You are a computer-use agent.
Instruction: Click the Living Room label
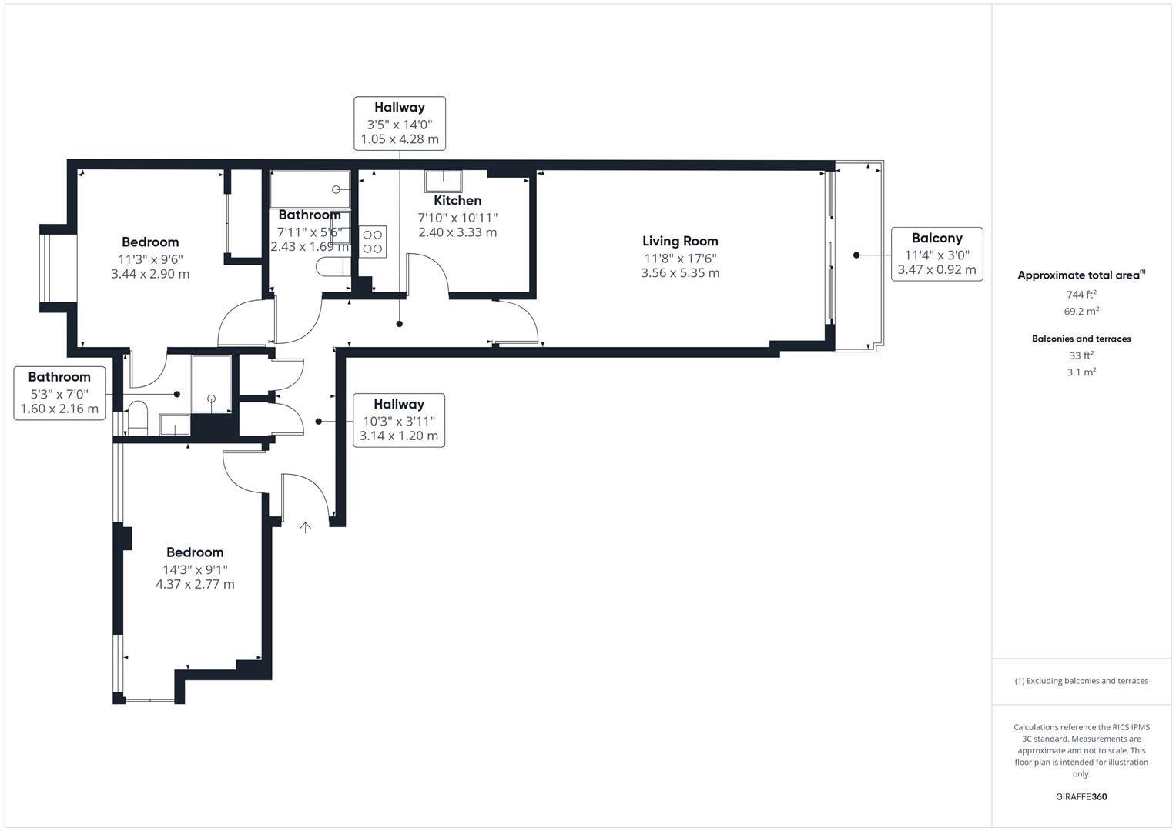pos(680,241)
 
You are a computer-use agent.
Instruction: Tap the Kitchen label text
pos(457,201)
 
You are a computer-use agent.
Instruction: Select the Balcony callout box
pos(936,254)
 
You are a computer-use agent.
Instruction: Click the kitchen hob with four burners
pos(373,241)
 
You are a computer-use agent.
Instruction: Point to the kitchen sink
pos(444,182)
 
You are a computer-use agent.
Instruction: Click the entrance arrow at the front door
pos(306,528)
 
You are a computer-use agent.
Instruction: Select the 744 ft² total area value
pos(1081,295)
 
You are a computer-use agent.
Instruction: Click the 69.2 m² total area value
pos(1081,312)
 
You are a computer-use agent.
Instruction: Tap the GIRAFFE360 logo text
pos(1081,796)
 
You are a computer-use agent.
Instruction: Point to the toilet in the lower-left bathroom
pos(138,417)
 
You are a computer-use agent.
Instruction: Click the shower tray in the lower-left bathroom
pos(211,382)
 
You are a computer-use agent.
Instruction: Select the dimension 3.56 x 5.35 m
pos(680,273)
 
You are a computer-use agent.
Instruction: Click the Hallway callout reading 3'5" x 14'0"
pos(399,123)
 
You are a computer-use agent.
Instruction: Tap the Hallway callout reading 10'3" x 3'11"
pos(398,420)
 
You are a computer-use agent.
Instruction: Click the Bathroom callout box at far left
pos(59,393)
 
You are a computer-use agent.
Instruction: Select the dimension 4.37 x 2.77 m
pos(195,584)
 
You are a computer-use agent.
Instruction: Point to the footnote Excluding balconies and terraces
pos(1081,681)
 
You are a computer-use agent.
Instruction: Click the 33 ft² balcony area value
pos(1081,355)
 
